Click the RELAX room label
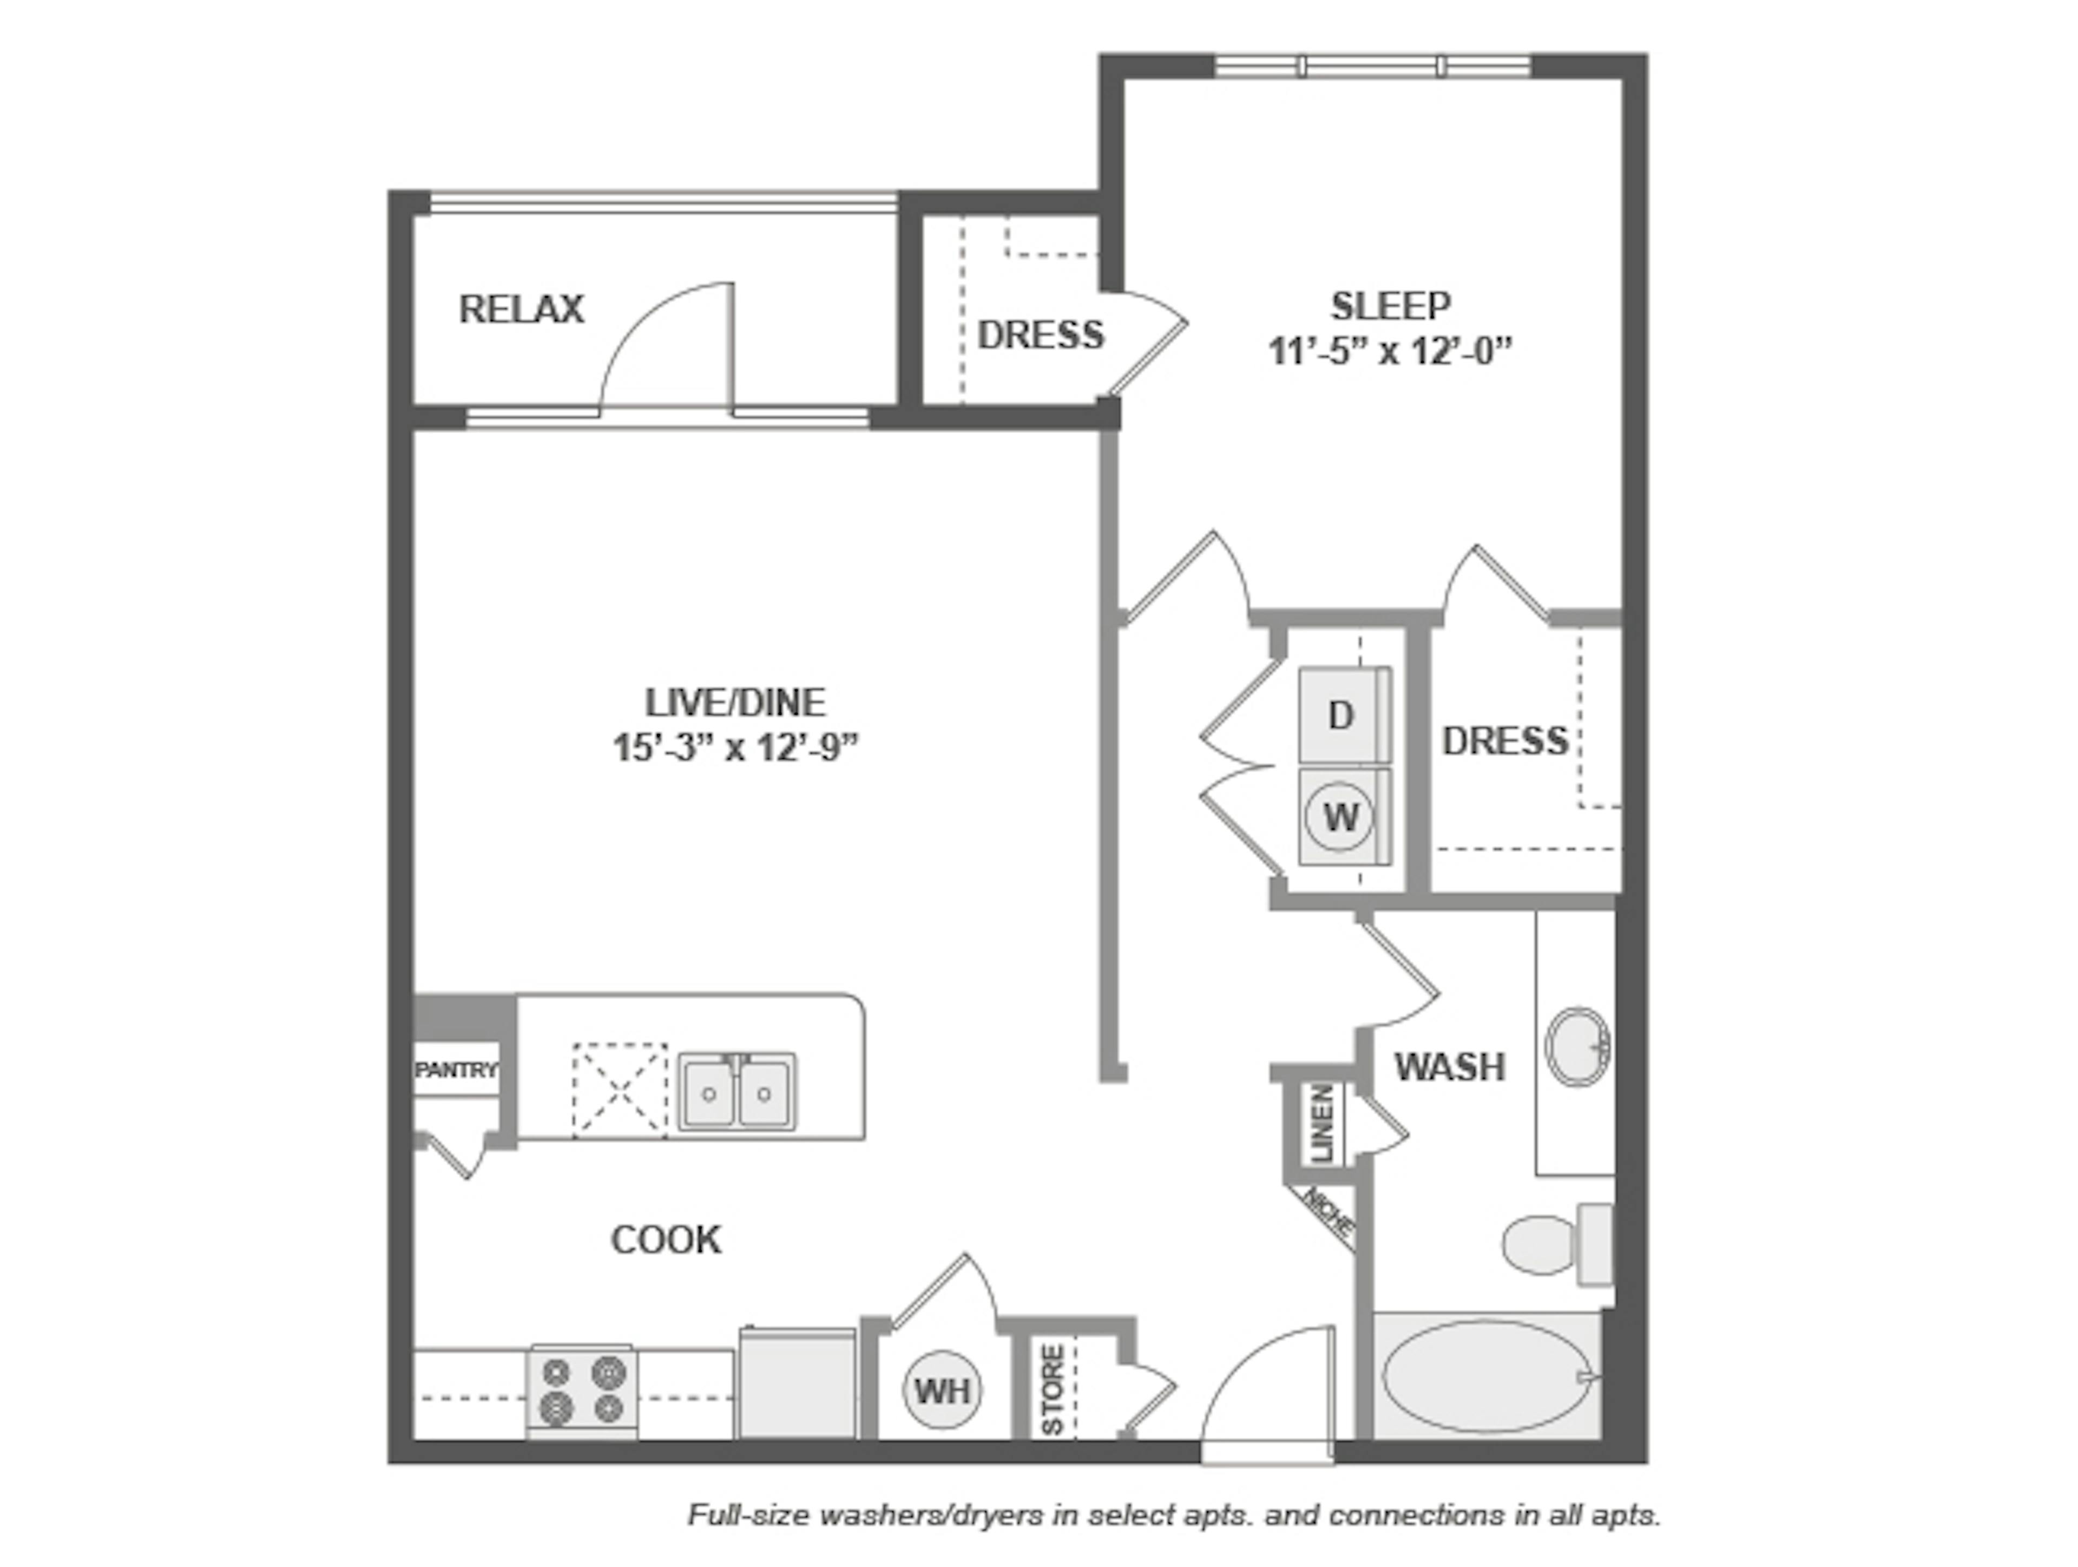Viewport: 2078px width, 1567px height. click(521, 309)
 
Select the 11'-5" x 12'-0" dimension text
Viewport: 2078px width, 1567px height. click(1390, 352)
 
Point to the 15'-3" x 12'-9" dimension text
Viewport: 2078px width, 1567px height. click(735, 749)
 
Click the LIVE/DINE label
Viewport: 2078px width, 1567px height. click(735, 703)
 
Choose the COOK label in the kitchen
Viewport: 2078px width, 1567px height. click(666, 1240)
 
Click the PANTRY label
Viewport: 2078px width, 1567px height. click(457, 1070)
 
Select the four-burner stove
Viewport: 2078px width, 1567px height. click(582, 1391)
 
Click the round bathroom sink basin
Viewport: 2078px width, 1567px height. click(1577, 1046)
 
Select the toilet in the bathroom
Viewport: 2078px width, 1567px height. click(1555, 1245)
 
